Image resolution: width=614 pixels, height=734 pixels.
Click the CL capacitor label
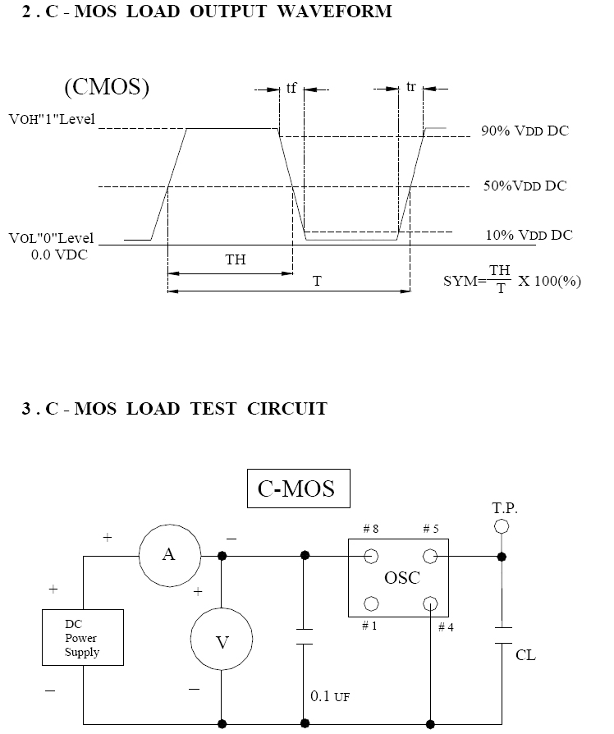tap(525, 655)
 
